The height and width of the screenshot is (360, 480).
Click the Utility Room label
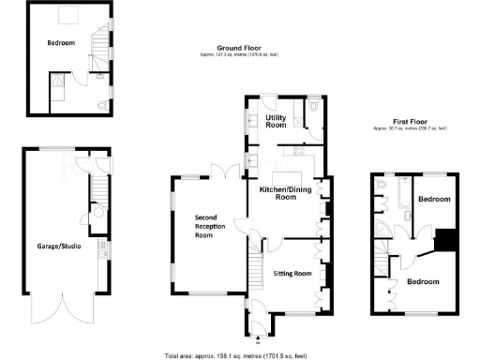[x=276, y=121]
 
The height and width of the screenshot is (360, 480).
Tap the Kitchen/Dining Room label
[x=286, y=193]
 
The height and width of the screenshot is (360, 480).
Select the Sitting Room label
[x=291, y=274]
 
